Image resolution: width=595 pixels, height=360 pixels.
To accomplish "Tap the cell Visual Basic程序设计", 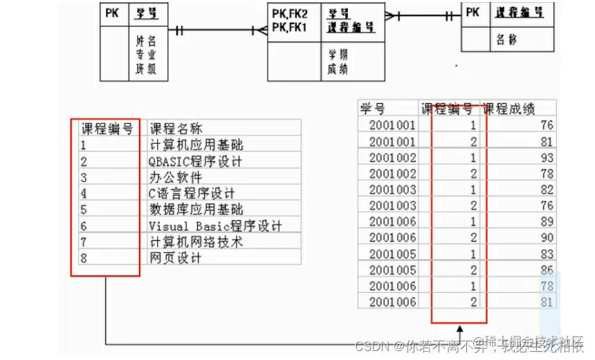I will (215, 226).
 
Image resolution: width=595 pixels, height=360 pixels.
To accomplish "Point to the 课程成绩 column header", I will (509, 109).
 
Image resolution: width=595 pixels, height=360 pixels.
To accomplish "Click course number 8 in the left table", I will (83, 258).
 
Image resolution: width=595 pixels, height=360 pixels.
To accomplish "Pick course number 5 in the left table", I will (83, 209).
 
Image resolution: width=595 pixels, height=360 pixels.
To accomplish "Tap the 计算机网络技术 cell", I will (195, 242).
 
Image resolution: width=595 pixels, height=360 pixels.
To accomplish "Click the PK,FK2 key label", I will (289, 13).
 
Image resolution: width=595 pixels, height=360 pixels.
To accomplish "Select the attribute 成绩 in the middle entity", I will (338, 68).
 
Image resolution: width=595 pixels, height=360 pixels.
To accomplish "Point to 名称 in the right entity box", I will (506, 39).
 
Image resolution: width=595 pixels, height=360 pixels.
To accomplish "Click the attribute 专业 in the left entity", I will (145, 54).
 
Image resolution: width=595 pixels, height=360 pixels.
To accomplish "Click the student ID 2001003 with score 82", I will (392, 189).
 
